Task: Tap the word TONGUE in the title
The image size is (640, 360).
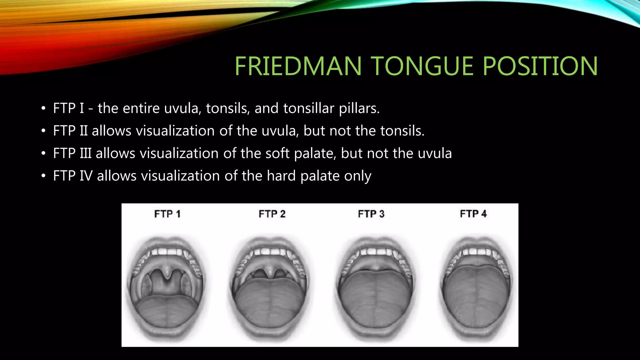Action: pos(423,66)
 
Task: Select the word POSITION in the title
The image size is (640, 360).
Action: pos(540,66)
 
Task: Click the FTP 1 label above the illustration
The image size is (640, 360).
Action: pos(167,214)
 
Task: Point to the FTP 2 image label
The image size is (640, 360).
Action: pos(272,214)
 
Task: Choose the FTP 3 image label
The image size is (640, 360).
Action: pos(371,214)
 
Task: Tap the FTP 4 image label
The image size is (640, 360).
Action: pos(473,214)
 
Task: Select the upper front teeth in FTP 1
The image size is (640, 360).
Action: pos(167,252)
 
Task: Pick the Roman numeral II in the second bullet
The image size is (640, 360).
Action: pos(83,131)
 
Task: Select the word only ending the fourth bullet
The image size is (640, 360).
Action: pos(358,176)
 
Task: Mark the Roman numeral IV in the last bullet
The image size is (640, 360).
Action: pos(86,176)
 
